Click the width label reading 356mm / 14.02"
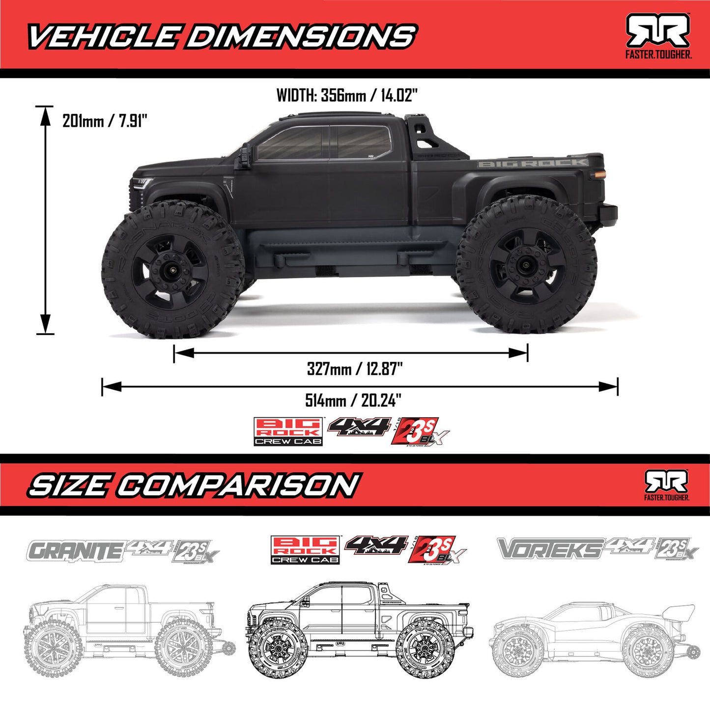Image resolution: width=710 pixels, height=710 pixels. coord(347,95)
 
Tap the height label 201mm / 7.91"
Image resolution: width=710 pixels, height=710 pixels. coord(105,120)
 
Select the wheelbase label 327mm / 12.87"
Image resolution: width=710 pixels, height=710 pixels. coord(355,369)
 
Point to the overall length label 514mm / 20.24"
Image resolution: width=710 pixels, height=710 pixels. coord(353,400)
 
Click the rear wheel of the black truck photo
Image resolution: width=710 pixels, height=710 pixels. coord(527,264)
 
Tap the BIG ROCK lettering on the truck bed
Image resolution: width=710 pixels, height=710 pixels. coord(533,163)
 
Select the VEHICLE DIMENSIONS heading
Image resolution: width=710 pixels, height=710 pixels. coord(221,37)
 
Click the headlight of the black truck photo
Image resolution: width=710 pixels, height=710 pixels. coord(143,184)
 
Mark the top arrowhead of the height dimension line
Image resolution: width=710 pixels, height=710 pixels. coord(45,114)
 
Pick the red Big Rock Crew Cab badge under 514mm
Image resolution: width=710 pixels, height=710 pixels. coord(288,431)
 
